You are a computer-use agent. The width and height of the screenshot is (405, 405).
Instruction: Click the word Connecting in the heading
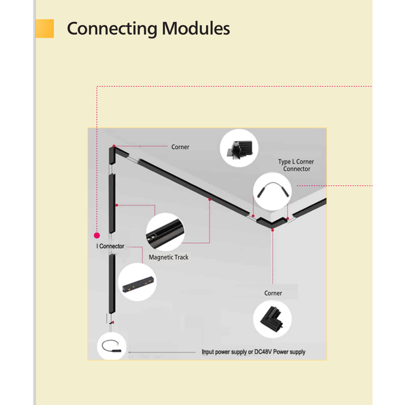(112, 29)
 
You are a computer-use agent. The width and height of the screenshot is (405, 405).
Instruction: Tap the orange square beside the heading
(45, 29)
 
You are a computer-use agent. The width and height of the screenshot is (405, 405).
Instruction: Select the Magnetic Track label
(168, 257)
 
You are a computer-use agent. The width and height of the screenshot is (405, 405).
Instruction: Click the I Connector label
(110, 246)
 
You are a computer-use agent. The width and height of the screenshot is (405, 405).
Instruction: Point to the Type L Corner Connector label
(296, 165)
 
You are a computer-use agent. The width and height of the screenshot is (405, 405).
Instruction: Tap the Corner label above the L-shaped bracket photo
(273, 293)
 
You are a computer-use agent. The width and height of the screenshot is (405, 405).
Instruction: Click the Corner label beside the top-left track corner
(180, 147)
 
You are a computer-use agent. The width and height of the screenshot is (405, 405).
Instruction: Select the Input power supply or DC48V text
(253, 352)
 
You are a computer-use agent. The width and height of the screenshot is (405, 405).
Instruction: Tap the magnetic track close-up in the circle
(165, 232)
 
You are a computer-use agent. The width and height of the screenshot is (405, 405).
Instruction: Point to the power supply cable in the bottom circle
(111, 347)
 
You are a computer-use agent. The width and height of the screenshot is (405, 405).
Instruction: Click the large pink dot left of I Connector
(97, 235)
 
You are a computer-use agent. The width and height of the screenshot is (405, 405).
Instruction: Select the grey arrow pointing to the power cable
(162, 352)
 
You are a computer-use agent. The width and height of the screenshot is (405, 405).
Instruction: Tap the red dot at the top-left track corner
(114, 146)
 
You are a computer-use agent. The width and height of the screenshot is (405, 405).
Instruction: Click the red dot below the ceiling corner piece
(273, 230)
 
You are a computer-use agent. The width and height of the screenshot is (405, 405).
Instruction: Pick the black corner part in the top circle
(240, 150)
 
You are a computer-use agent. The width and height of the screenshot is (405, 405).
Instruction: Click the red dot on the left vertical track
(117, 205)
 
